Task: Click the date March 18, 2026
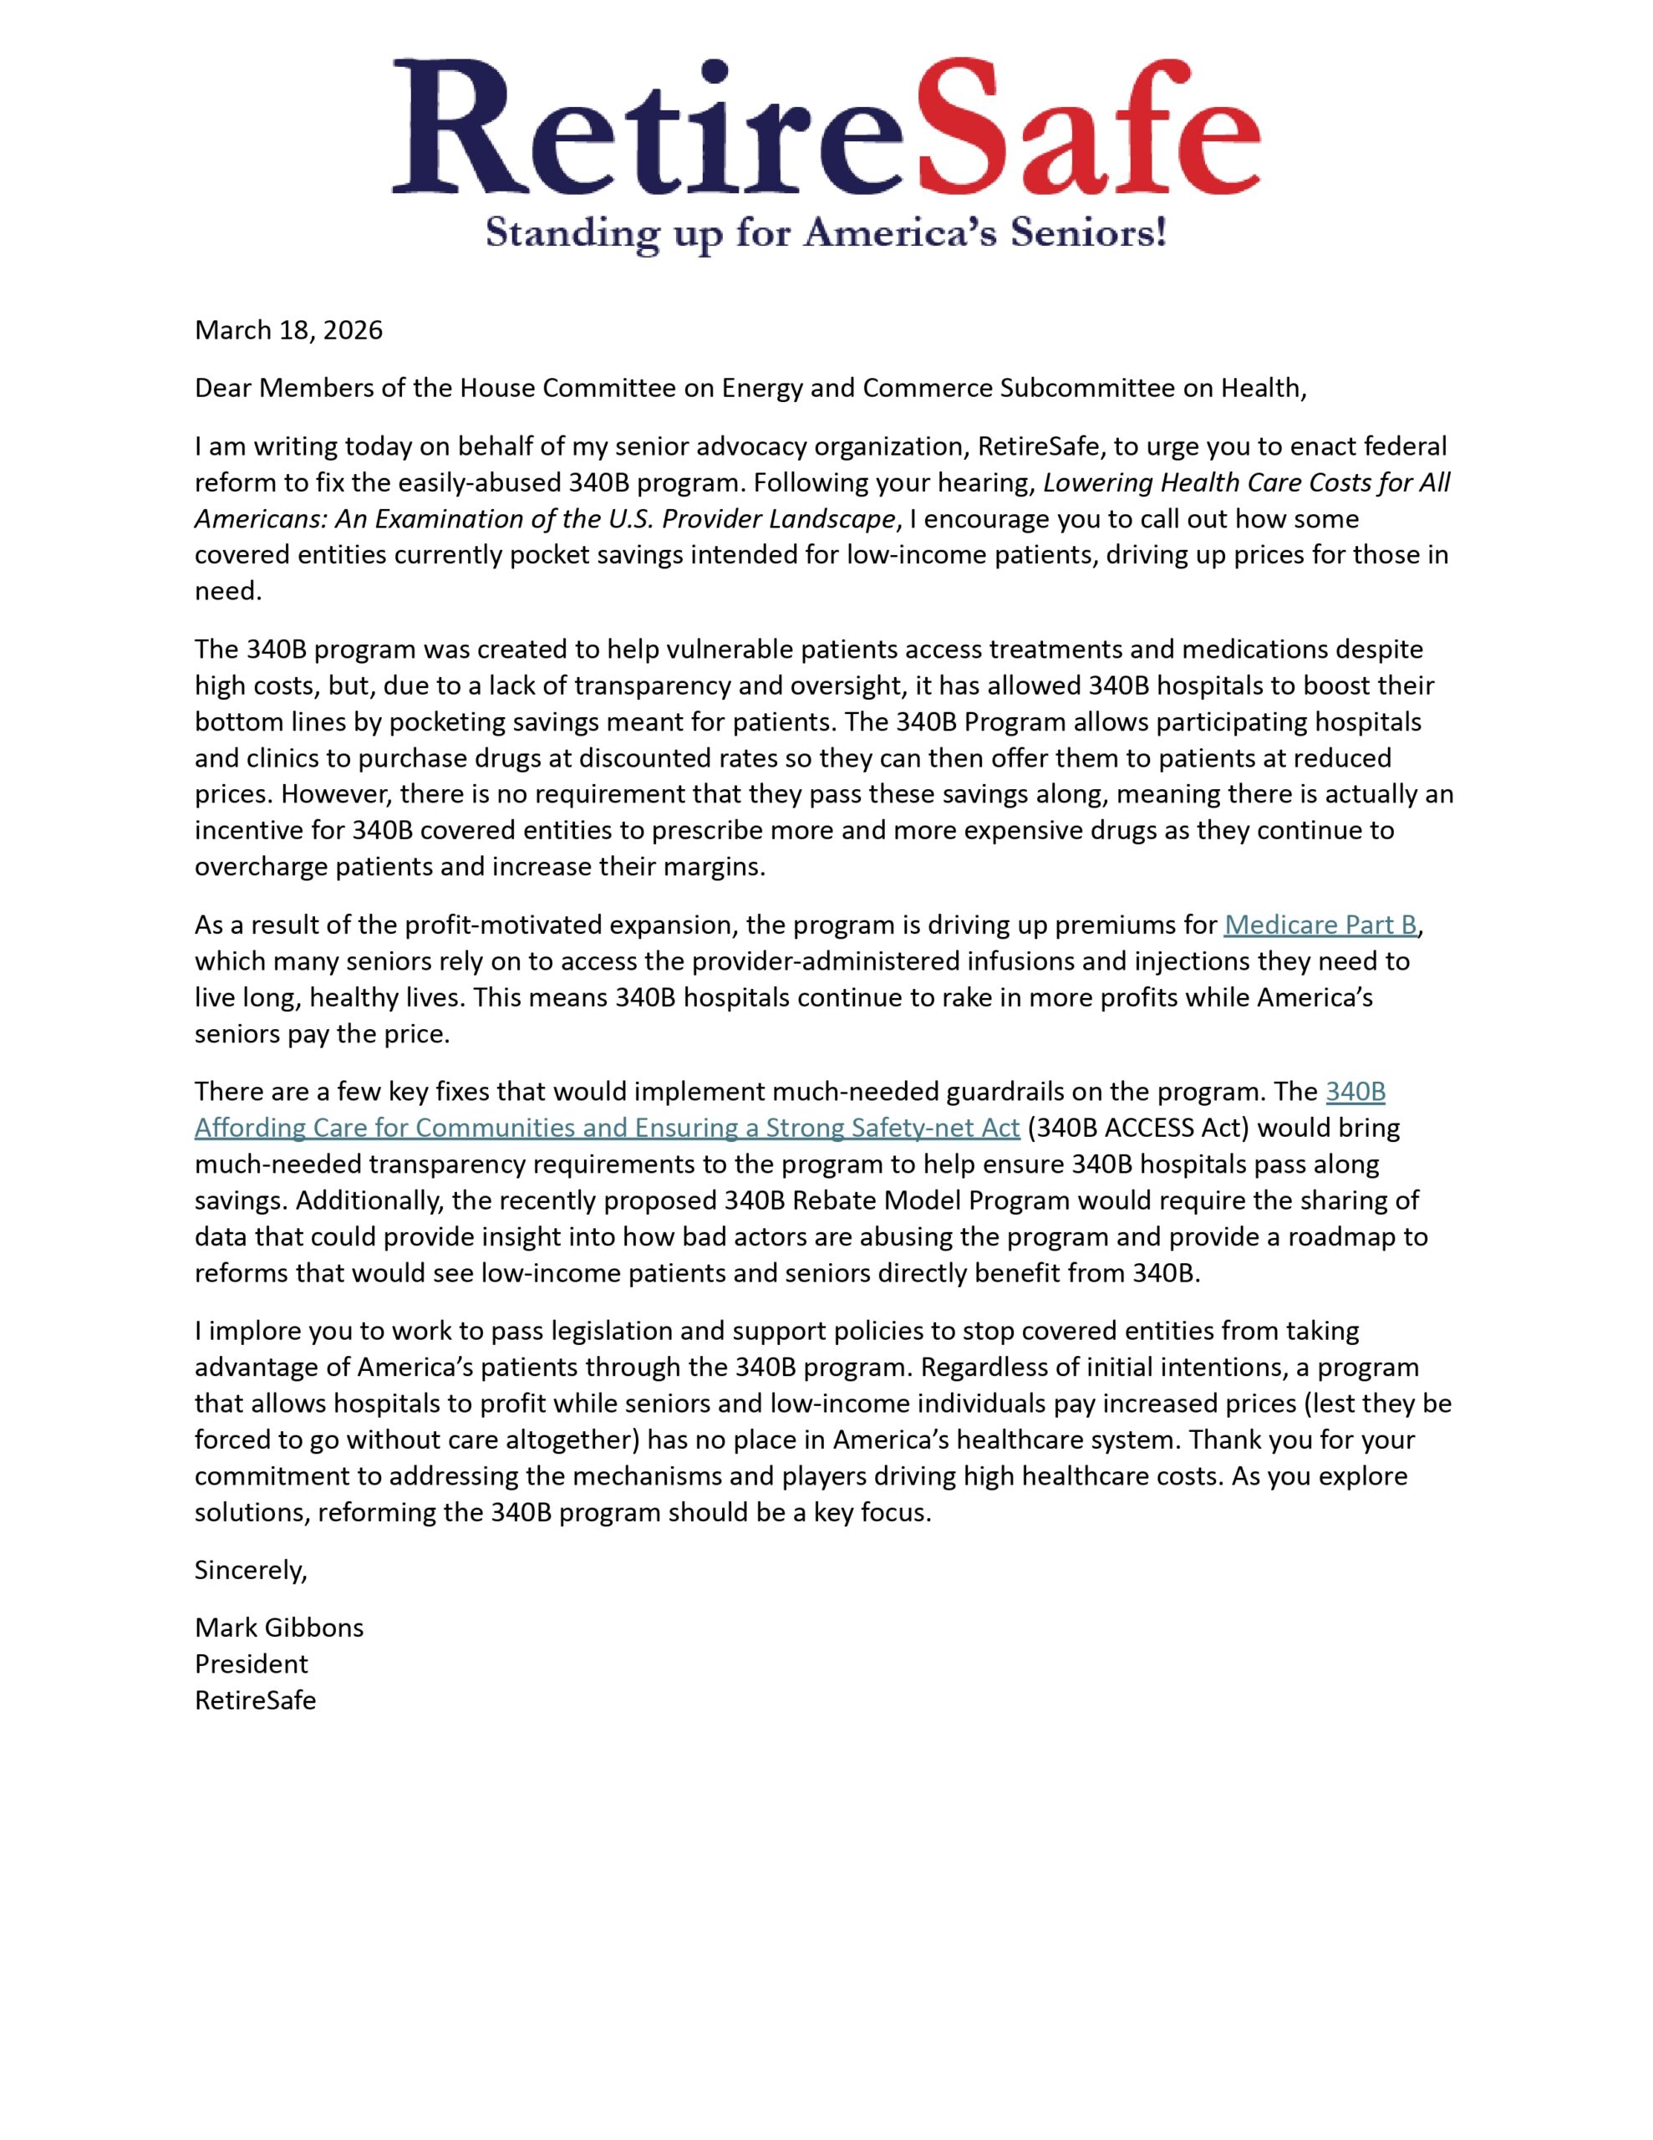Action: pos(288,330)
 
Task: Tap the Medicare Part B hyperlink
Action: pos(1320,925)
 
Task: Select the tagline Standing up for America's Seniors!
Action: pos(825,233)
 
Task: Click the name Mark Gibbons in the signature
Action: pos(279,1628)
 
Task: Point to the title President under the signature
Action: pos(251,1664)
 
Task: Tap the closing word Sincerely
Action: pos(251,1570)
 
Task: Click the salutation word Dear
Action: pos(222,388)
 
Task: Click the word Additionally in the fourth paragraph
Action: pos(364,1200)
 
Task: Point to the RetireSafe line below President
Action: pos(255,1700)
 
